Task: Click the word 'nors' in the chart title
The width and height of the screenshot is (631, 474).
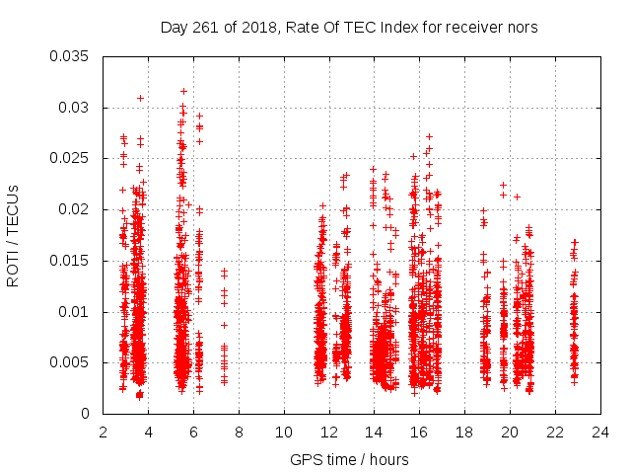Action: (522, 28)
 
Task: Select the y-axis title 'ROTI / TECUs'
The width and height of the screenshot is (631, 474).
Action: (13, 235)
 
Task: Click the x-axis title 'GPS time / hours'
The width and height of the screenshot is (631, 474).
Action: (350, 459)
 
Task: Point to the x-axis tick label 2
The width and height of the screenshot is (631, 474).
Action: (104, 432)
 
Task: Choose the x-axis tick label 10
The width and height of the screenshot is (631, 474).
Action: (284, 432)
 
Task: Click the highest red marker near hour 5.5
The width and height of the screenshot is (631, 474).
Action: (183, 91)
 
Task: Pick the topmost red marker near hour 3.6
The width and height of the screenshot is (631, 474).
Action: (141, 98)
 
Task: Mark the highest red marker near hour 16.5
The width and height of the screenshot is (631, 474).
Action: (429, 136)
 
